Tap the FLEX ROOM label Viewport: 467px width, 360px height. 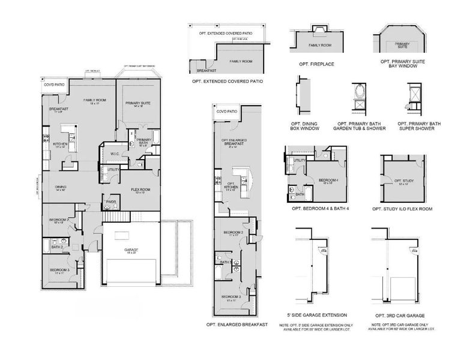(140, 191)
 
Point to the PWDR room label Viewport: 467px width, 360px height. (111, 202)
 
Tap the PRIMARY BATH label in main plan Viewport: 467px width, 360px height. (144, 141)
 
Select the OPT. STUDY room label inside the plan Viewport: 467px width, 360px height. (401, 181)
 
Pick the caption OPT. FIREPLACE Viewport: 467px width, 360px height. (321, 63)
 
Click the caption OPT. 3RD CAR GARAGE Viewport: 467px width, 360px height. (400, 316)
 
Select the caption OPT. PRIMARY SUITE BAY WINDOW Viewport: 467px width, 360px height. (402, 64)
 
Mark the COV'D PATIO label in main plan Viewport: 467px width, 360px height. (53, 85)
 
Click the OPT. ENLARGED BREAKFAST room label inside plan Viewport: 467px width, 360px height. (233, 142)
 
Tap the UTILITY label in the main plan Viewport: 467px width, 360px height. (112, 170)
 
